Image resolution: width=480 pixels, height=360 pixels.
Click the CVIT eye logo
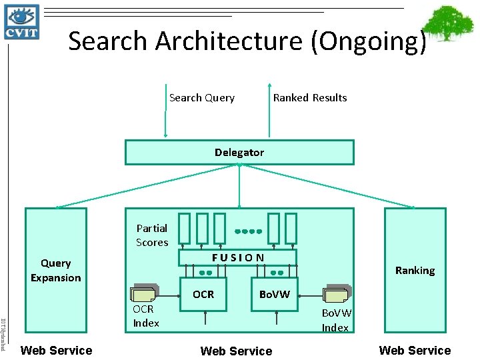[22, 21]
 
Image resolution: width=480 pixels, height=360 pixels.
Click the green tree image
[452, 26]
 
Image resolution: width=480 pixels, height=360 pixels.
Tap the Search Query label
[201, 98]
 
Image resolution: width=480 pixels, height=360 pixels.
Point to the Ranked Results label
[310, 98]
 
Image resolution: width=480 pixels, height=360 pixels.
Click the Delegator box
[239, 152]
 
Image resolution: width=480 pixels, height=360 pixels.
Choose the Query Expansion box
[56, 270]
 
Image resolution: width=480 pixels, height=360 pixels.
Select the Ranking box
[415, 270]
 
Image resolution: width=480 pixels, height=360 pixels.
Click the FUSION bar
[238, 257]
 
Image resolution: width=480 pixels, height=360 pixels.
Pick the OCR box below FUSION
[203, 294]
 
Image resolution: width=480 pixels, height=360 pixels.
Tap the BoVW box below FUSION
[274, 294]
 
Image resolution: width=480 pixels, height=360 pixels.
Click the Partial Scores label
[152, 235]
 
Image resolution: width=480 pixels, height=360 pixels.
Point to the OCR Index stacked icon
[145, 295]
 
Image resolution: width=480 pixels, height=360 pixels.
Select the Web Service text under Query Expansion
[57, 350]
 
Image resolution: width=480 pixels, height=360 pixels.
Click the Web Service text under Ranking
[415, 350]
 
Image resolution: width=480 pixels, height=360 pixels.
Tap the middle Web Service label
[236, 351]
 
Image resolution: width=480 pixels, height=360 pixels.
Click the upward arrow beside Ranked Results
[269, 110]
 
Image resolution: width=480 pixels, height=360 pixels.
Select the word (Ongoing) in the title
[368, 41]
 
